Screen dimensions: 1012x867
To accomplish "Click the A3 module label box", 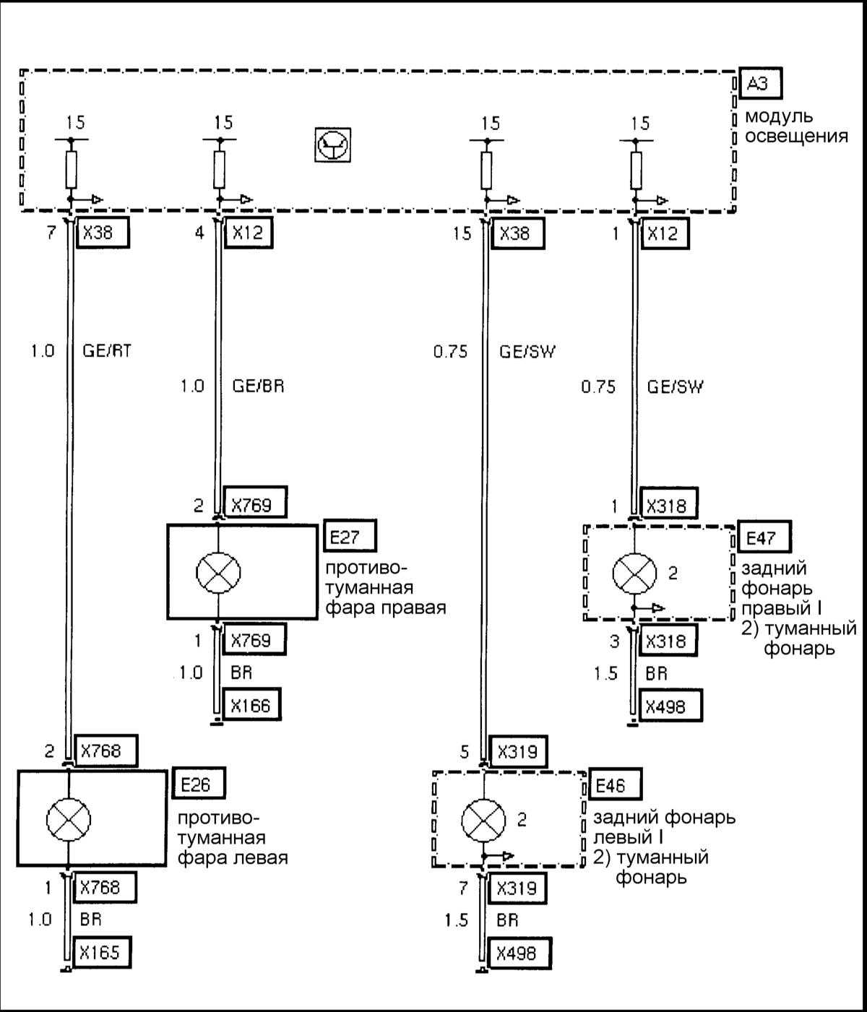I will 760,85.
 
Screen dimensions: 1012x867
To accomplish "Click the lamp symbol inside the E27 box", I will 218,572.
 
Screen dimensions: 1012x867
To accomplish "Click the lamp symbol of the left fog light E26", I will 68,819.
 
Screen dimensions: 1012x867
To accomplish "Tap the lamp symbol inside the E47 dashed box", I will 634,573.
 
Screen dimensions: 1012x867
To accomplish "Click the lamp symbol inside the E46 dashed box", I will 483,820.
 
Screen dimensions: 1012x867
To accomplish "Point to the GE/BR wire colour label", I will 258,386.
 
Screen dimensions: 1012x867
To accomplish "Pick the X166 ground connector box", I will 251,706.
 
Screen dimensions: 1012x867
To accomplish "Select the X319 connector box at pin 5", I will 518,752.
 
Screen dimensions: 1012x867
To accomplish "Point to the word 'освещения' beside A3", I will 796,135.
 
